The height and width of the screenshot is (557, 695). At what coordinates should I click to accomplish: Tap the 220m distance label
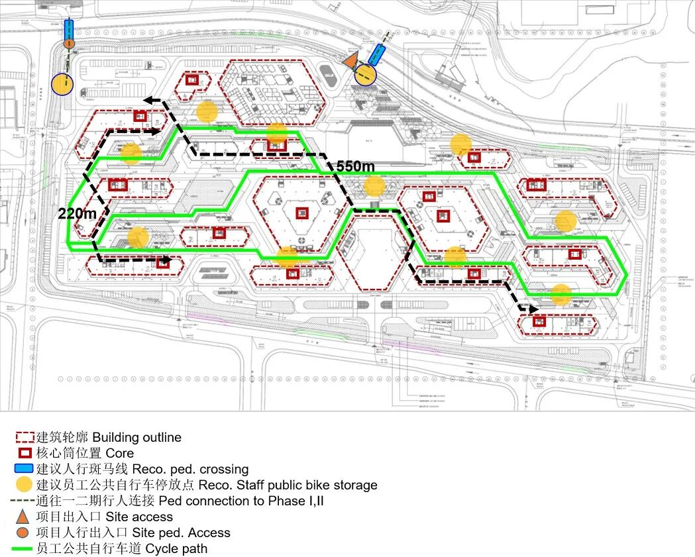click(x=78, y=213)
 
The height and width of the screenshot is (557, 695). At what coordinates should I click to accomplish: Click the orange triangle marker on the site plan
click(x=350, y=58)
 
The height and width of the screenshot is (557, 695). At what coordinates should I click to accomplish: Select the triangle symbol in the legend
click(x=24, y=517)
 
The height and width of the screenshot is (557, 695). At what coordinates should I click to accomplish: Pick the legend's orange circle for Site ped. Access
click(x=24, y=532)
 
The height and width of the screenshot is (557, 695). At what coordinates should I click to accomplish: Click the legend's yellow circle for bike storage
click(x=25, y=485)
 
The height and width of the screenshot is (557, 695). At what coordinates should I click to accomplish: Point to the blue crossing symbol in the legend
click(x=25, y=469)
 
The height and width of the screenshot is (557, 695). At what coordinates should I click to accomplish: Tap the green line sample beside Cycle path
click(x=25, y=548)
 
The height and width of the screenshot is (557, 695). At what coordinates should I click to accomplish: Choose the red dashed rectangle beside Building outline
click(x=25, y=437)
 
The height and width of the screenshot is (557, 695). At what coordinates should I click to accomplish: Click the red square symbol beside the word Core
click(x=25, y=453)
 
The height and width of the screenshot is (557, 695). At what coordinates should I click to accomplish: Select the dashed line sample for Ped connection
click(x=25, y=501)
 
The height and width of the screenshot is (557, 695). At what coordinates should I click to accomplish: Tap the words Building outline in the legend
click(x=136, y=437)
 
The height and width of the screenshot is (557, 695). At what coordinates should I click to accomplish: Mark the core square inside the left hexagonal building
click(x=302, y=213)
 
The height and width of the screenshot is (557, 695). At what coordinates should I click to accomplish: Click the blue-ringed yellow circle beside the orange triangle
click(x=365, y=74)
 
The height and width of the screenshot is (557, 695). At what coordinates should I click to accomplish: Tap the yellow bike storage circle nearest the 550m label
click(x=374, y=186)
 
